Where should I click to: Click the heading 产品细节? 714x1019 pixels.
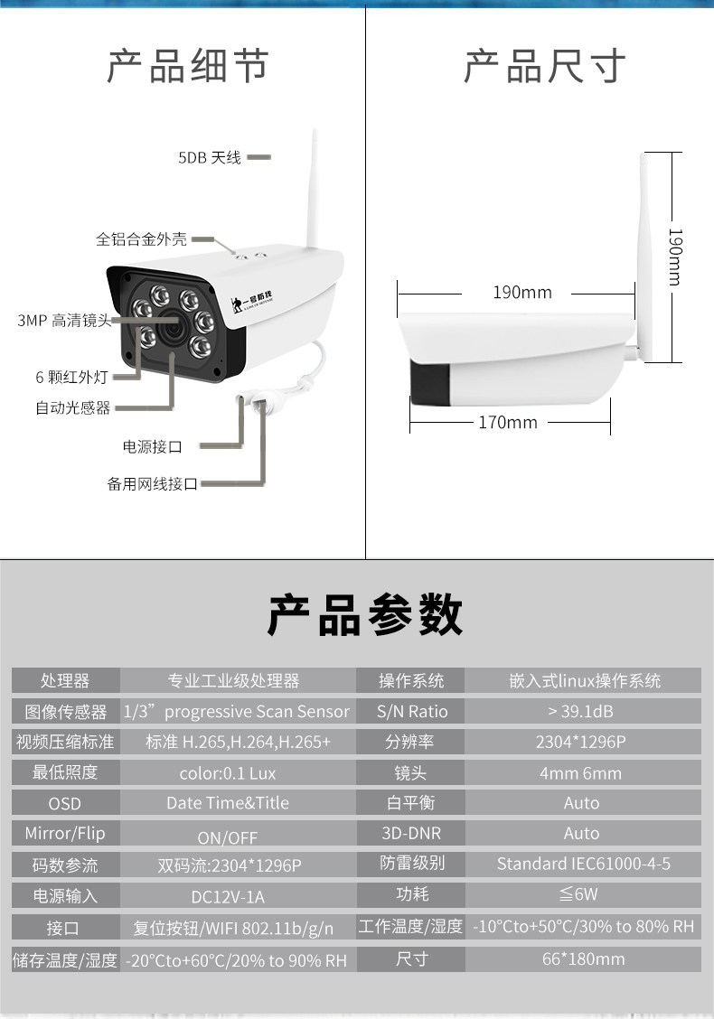coord(187,68)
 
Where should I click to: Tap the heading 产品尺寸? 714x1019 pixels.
coord(544,68)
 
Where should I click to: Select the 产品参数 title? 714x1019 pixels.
coord(365,615)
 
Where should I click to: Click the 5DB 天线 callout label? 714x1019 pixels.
coord(210,158)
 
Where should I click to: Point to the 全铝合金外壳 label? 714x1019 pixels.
coord(142,239)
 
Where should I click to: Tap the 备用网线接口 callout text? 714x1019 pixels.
coord(152,484)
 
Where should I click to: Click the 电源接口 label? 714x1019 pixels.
coord(152,446)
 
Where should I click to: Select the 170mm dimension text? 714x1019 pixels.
coord(508,422)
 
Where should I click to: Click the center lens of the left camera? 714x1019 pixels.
coord(169,323)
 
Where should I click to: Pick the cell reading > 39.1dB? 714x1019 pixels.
coord(581,711)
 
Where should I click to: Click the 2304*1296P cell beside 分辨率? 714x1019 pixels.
coord(581,742)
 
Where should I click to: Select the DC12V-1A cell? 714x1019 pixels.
coord(228,897)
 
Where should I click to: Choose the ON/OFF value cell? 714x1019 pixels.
coord(228,837)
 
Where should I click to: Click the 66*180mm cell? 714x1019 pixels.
coord(583,958)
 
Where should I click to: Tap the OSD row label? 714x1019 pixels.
coord(64,803)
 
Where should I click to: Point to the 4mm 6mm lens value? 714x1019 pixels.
coord(581,772)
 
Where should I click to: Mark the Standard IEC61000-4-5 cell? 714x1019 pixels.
coord(584,864)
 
